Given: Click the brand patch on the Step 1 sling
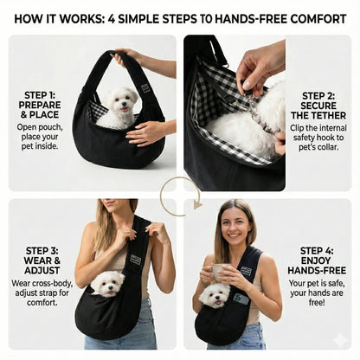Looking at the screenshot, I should [x=145, y=87].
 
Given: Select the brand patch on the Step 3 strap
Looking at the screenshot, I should [x=136, y=259].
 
